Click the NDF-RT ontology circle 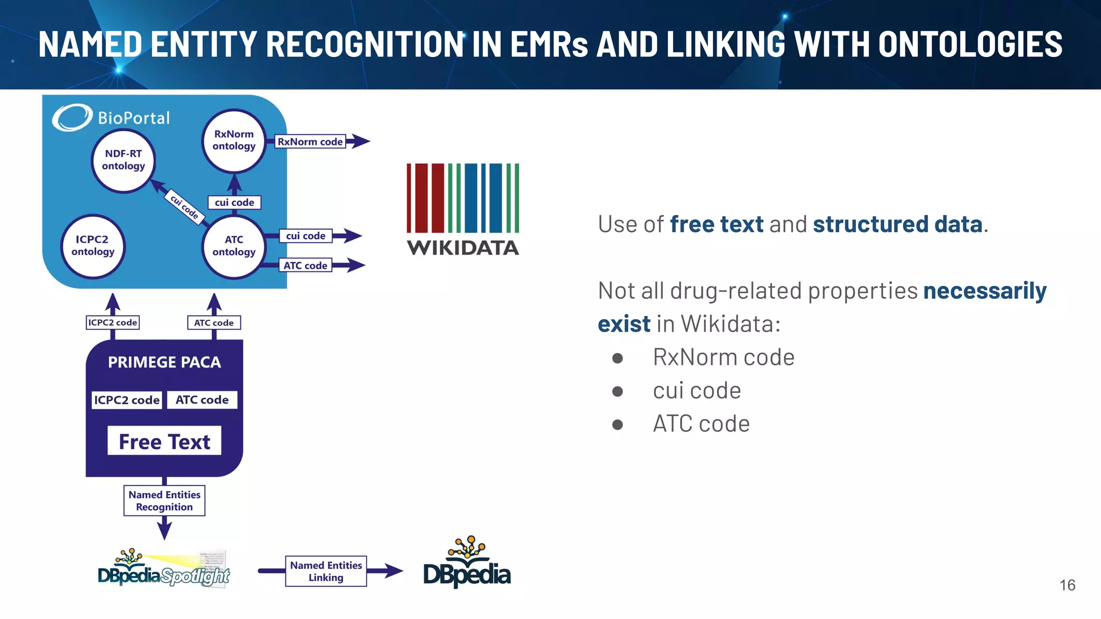123,160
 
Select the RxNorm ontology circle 233,140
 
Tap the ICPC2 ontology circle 92,246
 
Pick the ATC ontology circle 233,246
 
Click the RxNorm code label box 310,142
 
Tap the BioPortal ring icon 72,118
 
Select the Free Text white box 164,441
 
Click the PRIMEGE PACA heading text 164,362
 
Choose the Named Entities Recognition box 164,501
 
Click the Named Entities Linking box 326,571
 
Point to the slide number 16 1067,585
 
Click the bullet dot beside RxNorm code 617,358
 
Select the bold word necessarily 984,291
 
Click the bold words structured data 897,224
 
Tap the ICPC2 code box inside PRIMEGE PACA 127,400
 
